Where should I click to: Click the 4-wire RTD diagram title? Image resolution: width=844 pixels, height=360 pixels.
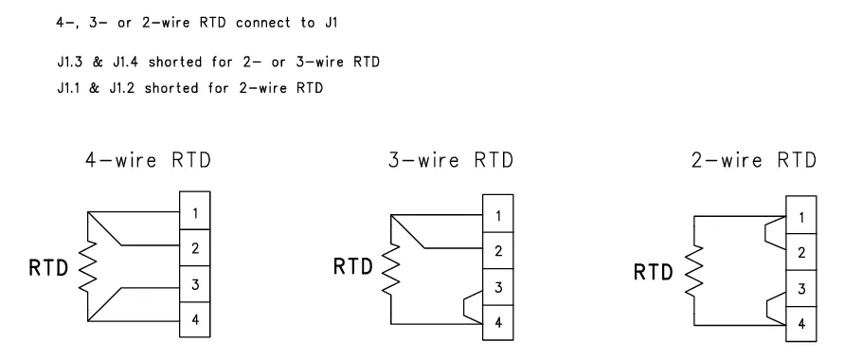[x=148, y=160]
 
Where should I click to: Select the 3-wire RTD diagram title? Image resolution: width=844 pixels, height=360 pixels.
[x=451, y=160]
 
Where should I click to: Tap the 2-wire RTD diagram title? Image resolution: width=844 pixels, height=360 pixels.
[x=754, y=160]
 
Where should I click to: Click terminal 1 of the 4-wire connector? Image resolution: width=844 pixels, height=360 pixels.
[x=195, y=211]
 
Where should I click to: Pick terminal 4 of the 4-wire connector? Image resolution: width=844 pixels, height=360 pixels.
[x=195, y=319]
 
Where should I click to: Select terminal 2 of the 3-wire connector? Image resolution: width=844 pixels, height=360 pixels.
[x=498, y=250]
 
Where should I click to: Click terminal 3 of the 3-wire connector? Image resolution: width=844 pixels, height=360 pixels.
[x=498, y=287]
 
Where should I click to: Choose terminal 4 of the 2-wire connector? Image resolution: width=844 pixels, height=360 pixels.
[x=801, y=324]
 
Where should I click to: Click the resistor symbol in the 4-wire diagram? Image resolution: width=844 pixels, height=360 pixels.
[x=88, y=266]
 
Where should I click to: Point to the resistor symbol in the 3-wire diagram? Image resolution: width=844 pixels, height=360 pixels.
[x=391, y=269]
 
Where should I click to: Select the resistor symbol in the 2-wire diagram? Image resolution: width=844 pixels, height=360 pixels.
[x=694, y=270]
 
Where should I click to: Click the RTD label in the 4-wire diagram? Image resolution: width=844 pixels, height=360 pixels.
[x=48, y=267]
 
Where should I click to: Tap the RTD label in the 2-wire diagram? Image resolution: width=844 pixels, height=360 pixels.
[x=654, y=272]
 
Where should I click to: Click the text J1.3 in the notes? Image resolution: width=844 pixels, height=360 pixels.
[x=70, y=62]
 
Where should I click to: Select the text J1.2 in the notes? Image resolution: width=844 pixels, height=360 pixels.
[x=124, y=88]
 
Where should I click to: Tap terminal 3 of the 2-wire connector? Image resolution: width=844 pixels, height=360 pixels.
[x=801, y=288]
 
